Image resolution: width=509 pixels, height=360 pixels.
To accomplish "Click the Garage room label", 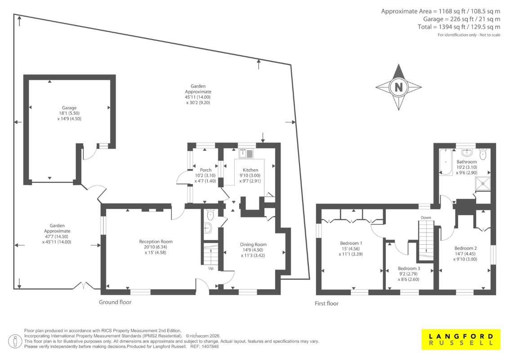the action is click(x=69, y=108).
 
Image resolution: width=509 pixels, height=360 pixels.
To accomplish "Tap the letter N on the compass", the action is click(x=399, y=87).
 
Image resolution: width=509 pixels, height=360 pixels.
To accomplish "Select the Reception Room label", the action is click(x=156, y=241).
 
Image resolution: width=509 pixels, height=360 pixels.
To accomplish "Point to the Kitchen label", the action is click(x=250, y=170).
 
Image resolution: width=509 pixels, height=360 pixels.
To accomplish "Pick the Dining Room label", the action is click(x=253, y=244).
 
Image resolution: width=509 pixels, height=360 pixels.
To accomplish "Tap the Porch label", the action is click(x=205, y=170).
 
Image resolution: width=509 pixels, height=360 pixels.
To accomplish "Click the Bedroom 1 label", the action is click(x=351, y=243).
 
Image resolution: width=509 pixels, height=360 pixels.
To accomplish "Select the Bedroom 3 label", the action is click(x=409, y=268).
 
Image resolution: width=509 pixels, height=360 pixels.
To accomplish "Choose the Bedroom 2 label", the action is click(x=465, y=248).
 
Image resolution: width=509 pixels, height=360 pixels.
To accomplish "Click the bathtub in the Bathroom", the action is click(x=446, y=162).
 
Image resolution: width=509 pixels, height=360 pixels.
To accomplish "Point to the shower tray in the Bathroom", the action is click(x=483, y=184).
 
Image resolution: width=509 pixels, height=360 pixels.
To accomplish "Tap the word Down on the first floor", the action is click(x=425, y=218).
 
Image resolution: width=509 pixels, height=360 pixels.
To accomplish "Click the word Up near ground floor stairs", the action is click(x=211, y=268).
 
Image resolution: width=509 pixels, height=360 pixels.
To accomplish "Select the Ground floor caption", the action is click(x=115, y=302).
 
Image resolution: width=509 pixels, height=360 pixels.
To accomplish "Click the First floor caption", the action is click(x=326, y=303).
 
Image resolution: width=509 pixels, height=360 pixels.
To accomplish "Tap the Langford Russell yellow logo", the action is click(x=461, y=340).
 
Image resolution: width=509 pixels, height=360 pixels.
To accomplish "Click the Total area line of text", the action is click(x=459, y=27).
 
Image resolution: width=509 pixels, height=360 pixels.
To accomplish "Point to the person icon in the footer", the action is click(x=15, y=342).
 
